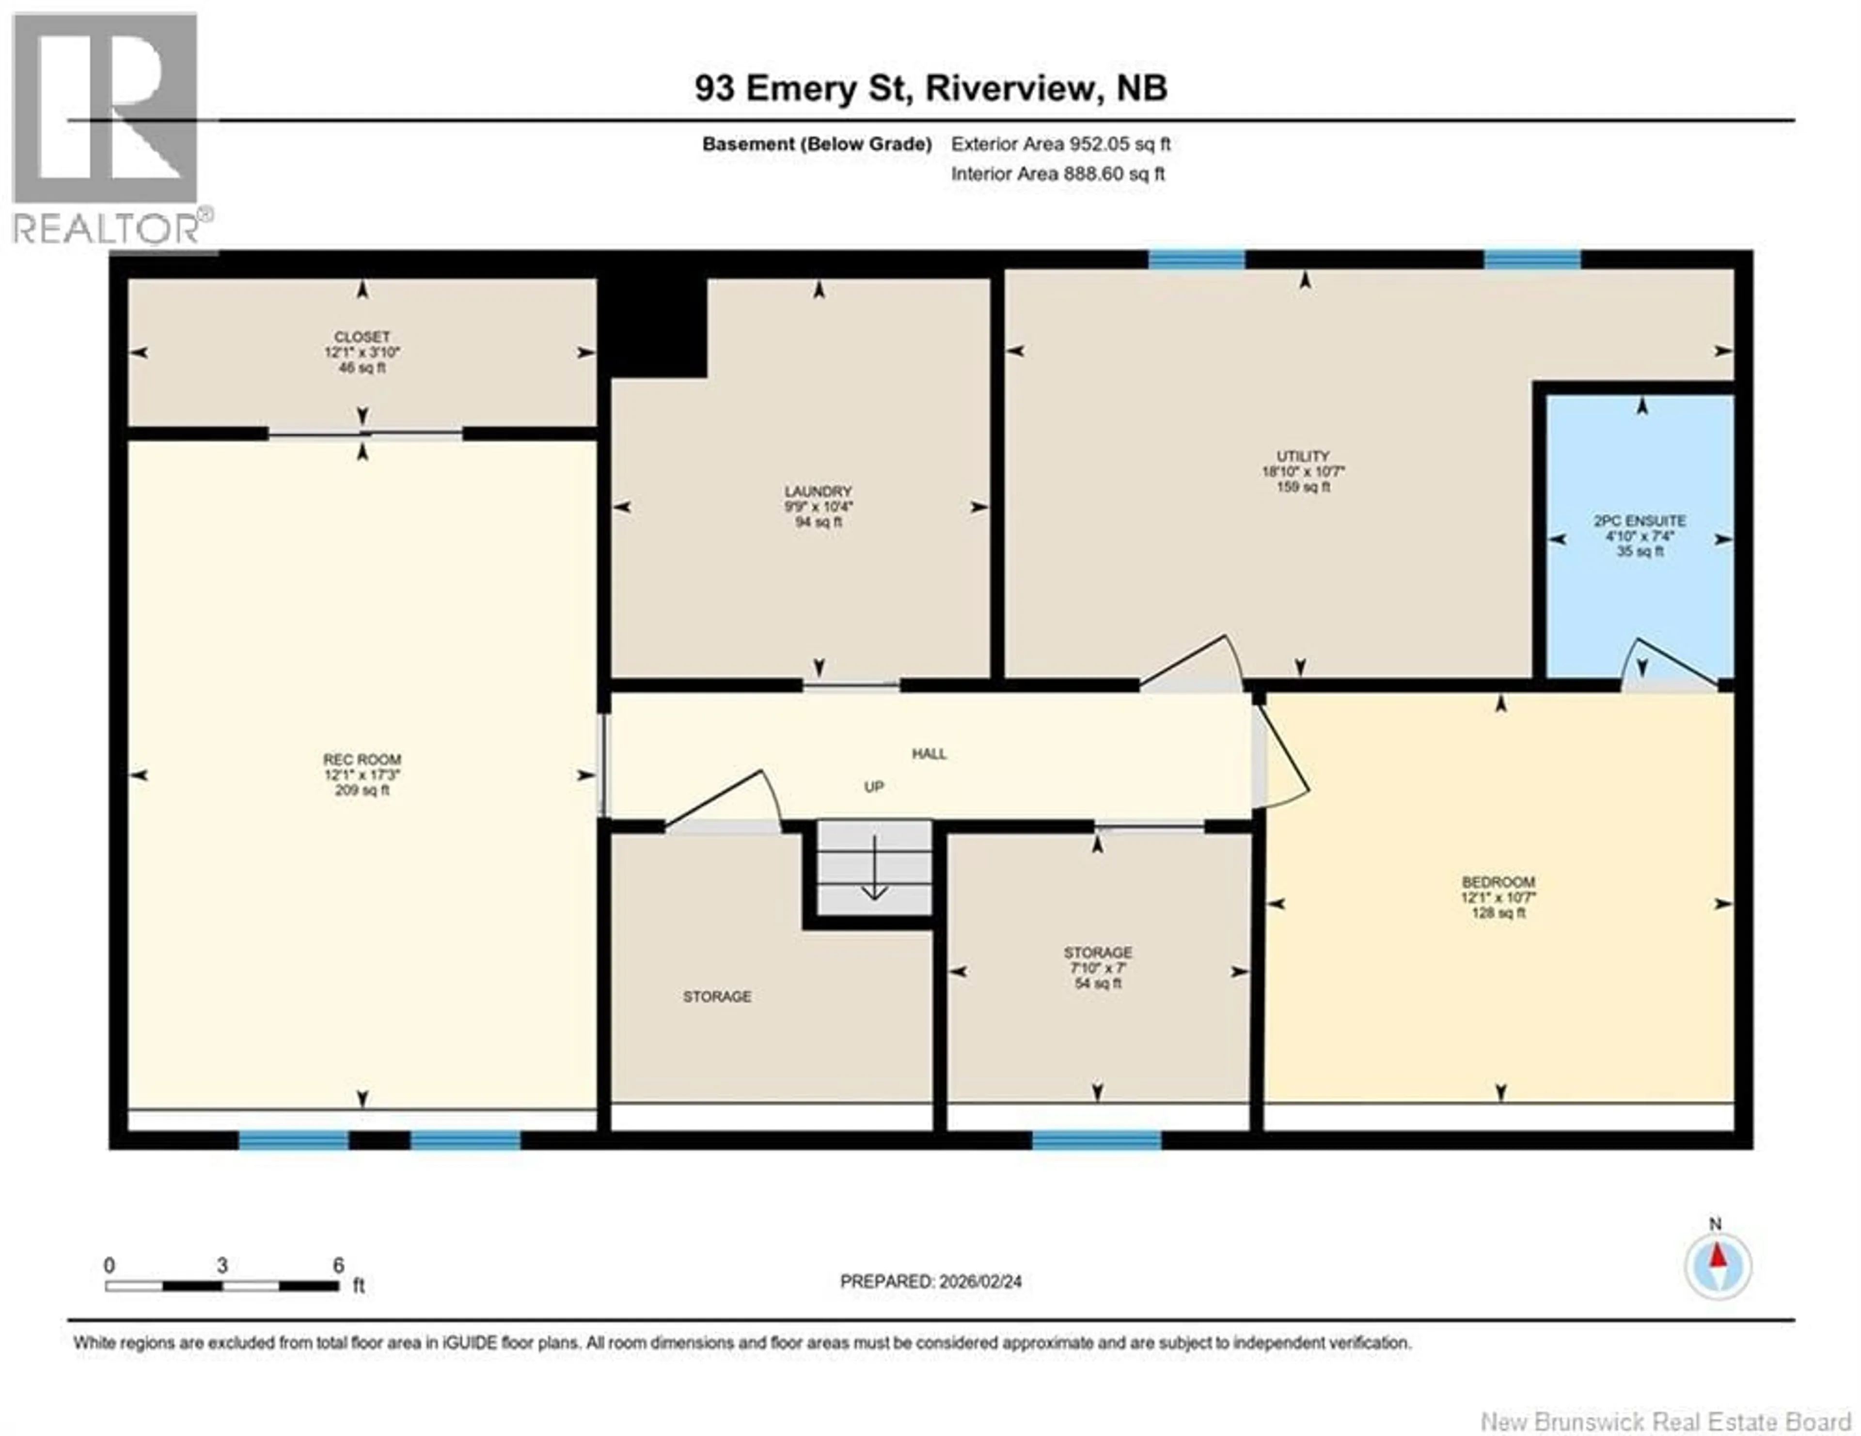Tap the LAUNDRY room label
pyautogui.click(x=818, y=491)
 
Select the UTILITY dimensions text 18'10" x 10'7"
pyautogui.click(x=1303, y=471)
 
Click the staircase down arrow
pyautogui.click(x=874, y=869)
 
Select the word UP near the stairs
pyautogui.click(x=874, y=787)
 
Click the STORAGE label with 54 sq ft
pyautogui.click(x=1098, y=952)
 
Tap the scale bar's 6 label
pyautogui.click(x=338, y=1265)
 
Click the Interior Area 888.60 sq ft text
pyautogui.click(x=1057, y=174)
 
